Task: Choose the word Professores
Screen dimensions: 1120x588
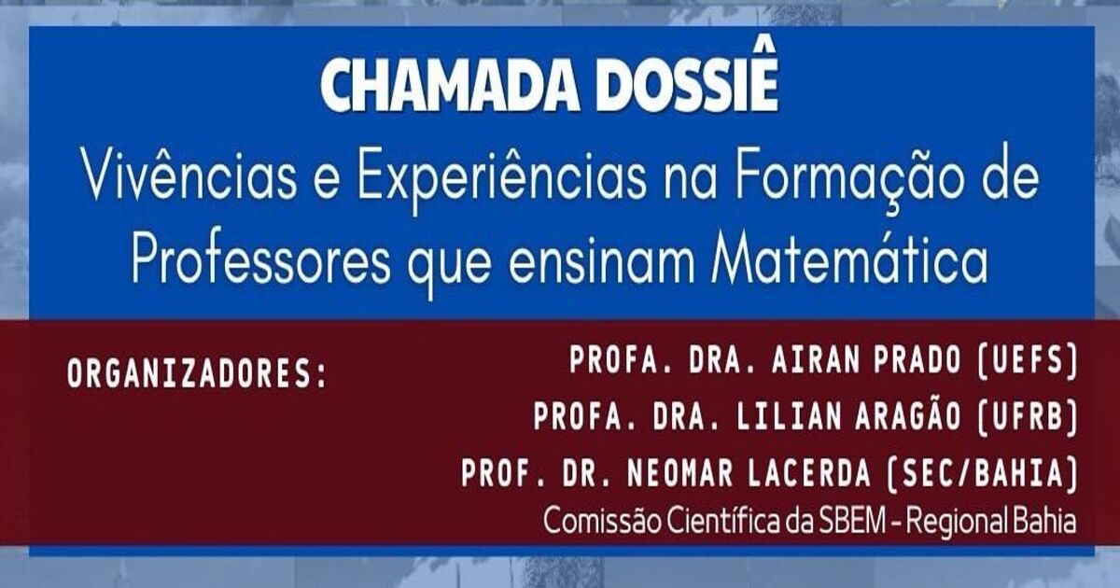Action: [260, 261]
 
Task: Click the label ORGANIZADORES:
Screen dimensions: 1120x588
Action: [197, 373]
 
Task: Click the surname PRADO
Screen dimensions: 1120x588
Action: [917, 360]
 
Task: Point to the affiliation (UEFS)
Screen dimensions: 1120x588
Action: [1027, 361]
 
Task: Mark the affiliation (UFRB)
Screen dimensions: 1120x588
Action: [1027, 417]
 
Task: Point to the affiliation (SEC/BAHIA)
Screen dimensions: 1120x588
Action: [982, 474]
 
